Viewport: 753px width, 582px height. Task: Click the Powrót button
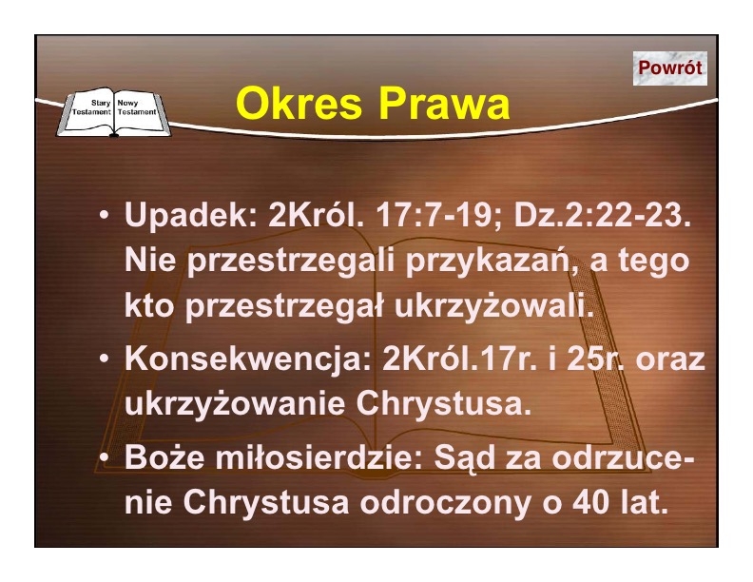click(670, 68)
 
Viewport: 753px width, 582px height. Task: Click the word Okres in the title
click(299, 104)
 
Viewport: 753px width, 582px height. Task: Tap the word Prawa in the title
click(444, 104)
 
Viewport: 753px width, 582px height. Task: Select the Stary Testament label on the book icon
click(91, 107)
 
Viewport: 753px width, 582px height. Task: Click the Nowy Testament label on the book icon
click(137, 107)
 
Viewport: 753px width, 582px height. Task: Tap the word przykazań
click(492, 262)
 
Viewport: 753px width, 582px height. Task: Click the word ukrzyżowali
click(494, 305)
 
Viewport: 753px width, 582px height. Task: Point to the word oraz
click(670, 359)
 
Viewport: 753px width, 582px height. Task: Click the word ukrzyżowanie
click(235, 405)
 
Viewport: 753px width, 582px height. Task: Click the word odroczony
click(446, 503)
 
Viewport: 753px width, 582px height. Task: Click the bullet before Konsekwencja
click(105, 359)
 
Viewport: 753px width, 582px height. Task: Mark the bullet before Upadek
click(105, 215)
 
